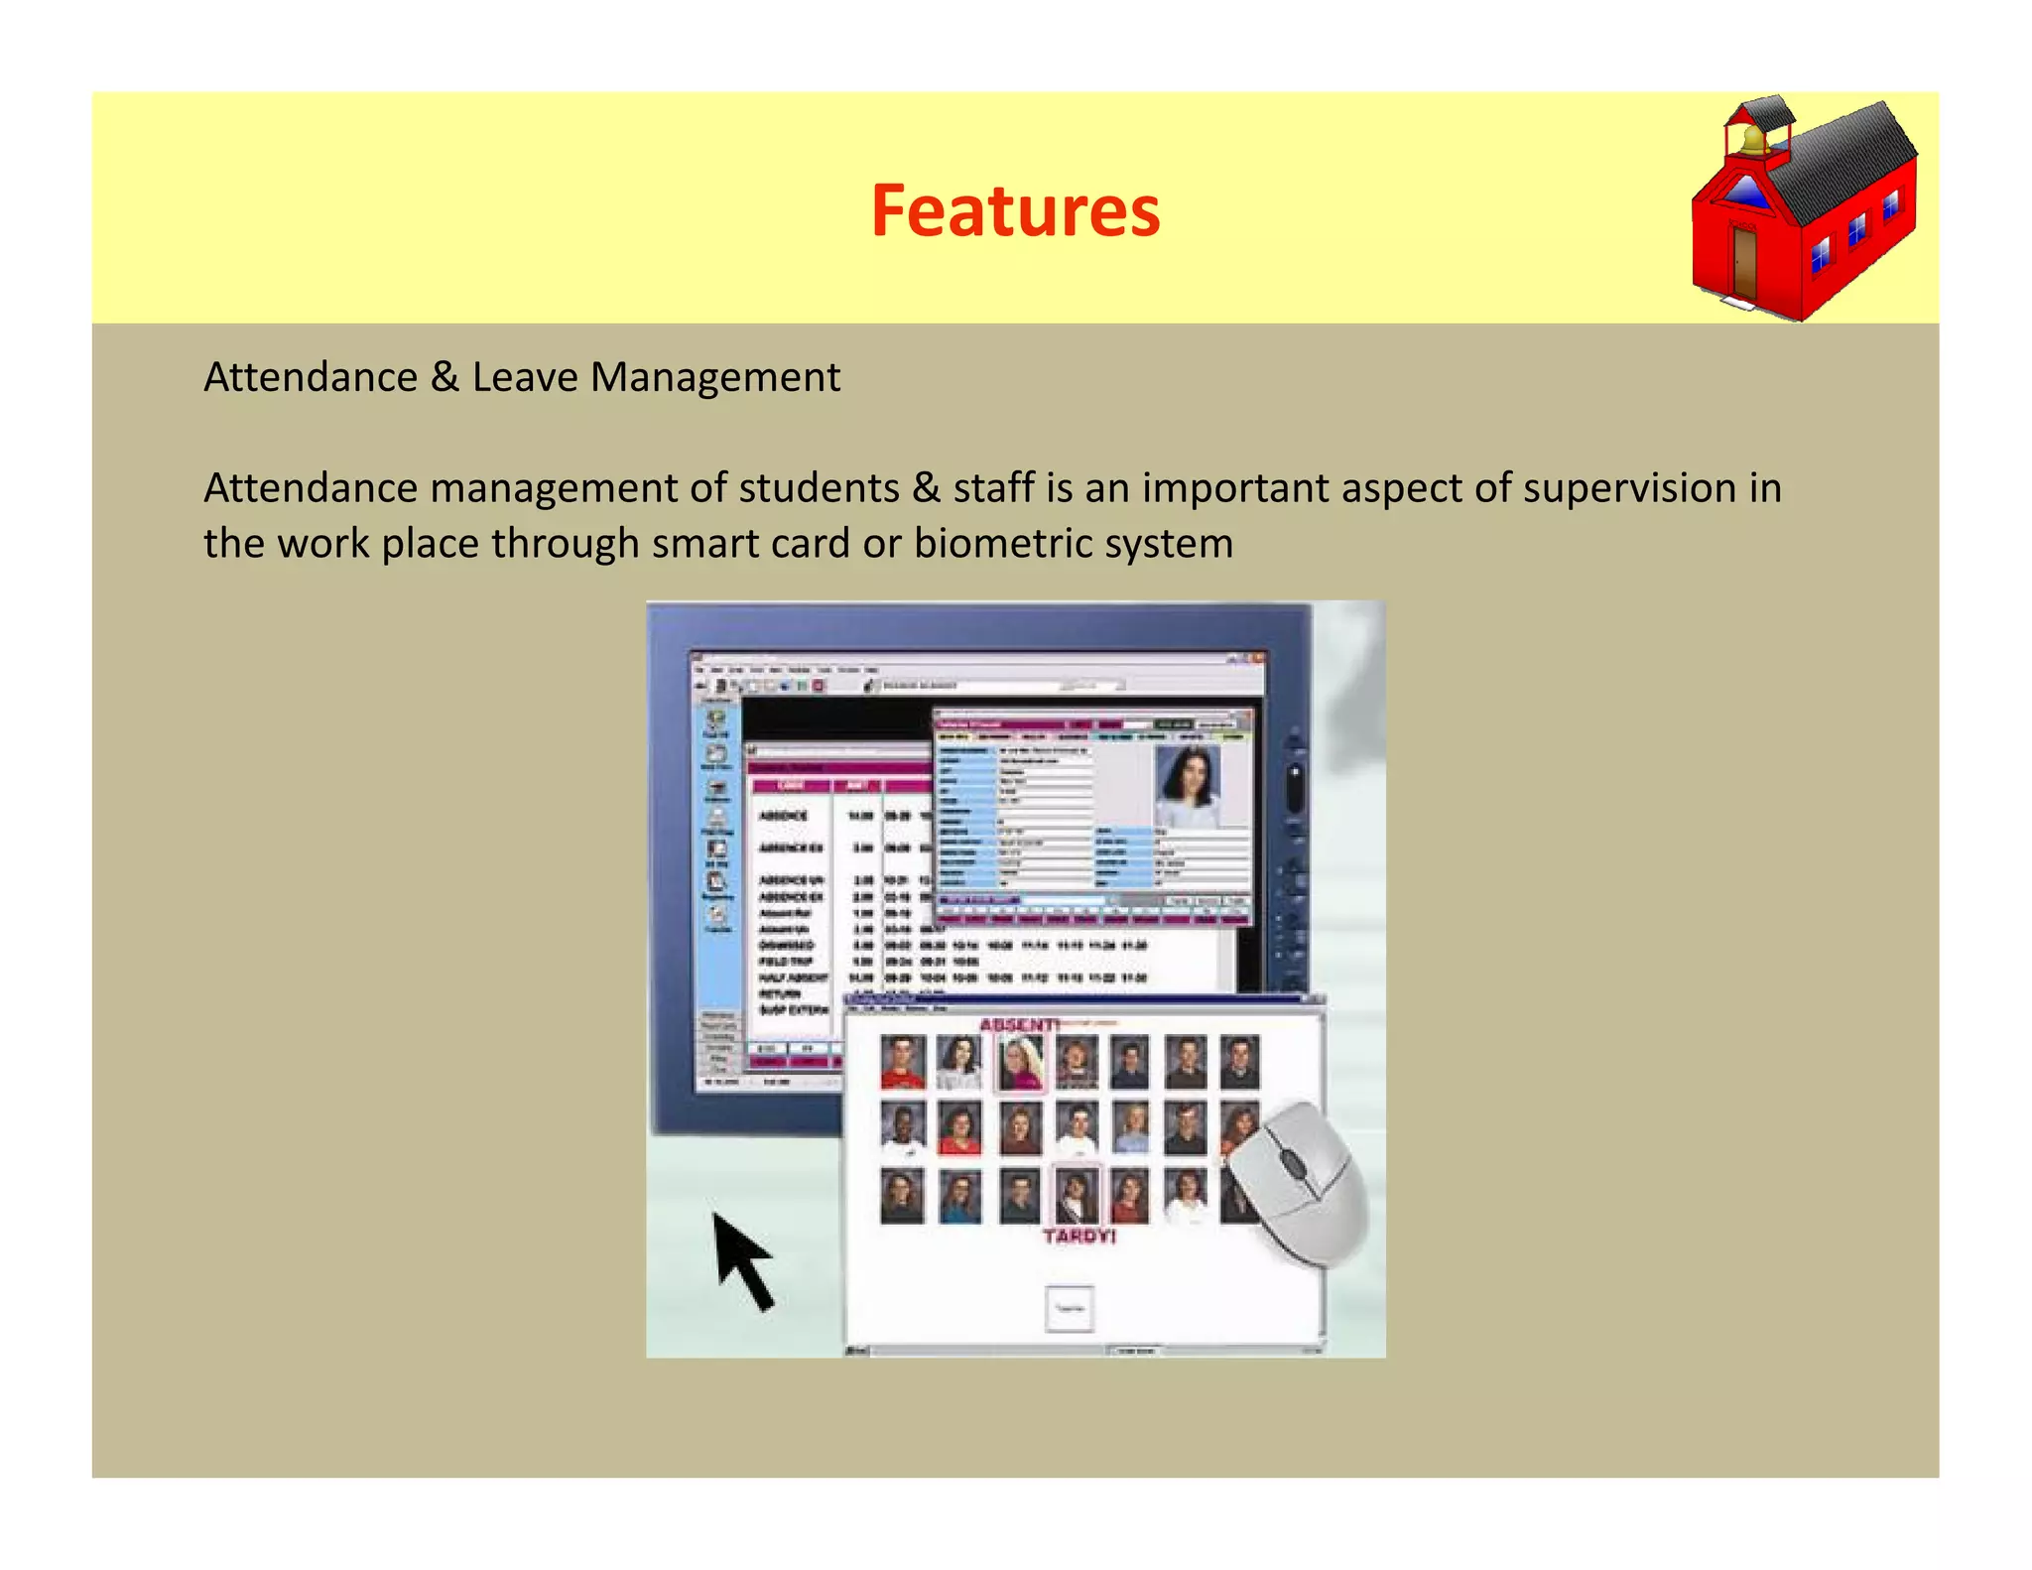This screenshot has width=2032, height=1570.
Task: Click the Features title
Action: coord(1015,210)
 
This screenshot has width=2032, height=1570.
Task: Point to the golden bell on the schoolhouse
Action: coord(1754,138)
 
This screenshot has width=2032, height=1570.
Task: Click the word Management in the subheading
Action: coord(714,378)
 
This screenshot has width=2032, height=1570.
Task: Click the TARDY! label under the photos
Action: coord(1079,1237)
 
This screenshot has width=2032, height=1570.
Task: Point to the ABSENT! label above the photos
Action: coord(1018,1024)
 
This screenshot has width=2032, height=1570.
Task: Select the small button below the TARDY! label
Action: coord(1070,1309)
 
